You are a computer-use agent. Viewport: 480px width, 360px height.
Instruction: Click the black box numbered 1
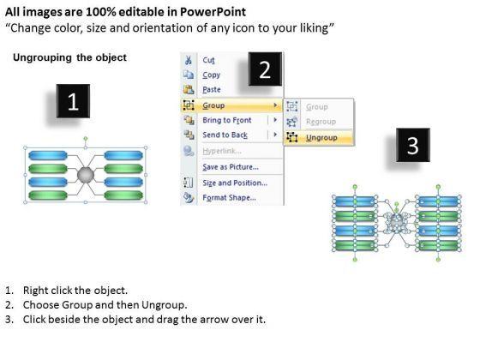73,101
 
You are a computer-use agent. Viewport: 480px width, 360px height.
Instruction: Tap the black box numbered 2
265,69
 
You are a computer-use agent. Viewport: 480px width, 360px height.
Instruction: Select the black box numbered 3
413,145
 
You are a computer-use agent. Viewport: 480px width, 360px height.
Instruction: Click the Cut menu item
209,60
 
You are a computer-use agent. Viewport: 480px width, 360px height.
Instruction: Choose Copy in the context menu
211,75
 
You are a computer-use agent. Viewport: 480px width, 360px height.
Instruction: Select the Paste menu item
212,89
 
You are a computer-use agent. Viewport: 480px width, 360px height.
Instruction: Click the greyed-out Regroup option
321,122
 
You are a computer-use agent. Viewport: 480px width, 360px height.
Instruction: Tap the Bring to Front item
227,120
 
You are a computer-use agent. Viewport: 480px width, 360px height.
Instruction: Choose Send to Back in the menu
225,135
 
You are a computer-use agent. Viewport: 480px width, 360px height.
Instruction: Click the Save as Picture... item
231,167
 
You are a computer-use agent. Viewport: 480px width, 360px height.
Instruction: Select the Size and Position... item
235,183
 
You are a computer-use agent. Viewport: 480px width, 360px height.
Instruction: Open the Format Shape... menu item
230,197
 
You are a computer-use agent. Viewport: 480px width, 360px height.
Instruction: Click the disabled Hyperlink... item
222,151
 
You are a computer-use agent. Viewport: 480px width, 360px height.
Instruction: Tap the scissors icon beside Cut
189,60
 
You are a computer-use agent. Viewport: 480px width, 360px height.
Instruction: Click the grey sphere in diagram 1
86,175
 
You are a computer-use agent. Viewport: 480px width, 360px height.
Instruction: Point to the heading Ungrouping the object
69,57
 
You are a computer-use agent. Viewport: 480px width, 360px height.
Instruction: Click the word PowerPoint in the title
213,12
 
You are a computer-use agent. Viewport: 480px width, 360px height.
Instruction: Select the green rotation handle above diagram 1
86,139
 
